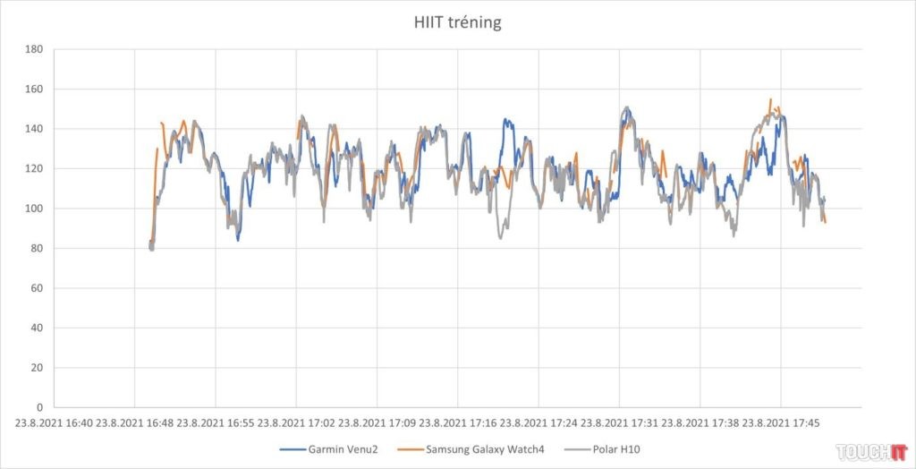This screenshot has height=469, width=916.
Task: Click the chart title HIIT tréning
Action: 458,22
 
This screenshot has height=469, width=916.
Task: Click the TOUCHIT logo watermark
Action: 871,450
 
